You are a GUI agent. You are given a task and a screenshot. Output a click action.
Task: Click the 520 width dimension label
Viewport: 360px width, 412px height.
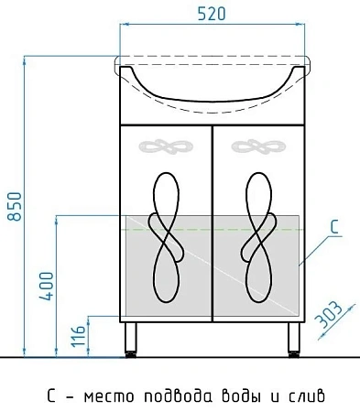pyautogui.click(x=212, y=14)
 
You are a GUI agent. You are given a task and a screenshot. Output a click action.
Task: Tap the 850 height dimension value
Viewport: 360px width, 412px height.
pyautogui.click(x=15, y=206)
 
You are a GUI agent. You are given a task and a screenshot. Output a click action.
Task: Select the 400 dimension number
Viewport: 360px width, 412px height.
pyautogui.click(x=47, y=286)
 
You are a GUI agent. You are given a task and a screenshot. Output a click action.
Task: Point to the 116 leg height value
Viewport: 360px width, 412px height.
pyautogui.click(x=79, y=336)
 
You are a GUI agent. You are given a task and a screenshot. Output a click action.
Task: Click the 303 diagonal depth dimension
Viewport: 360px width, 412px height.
pyautogui.click(x=329, y=315)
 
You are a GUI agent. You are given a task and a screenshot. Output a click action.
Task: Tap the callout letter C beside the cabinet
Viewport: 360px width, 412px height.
pyautogui.click(x=335, y=227)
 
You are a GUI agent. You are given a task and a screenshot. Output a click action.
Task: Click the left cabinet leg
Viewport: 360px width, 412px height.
pyautogui.click(x=130, y=340)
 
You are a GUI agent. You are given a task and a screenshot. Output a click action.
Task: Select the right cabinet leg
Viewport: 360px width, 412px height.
pyautogui.click(x=294, y=340)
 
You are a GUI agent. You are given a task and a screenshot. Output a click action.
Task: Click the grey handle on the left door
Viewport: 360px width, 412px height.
pyautogui.click(x=166, y=146)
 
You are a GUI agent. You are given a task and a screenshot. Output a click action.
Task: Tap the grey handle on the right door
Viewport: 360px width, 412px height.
pyautogui.click(x=258, y=146)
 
